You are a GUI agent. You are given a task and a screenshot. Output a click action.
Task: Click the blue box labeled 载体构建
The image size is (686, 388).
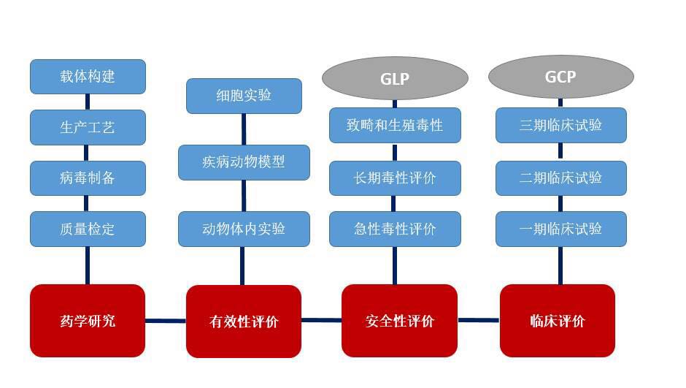(88, 77)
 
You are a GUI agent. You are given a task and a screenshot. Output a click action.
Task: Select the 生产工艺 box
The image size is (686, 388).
(88, 127)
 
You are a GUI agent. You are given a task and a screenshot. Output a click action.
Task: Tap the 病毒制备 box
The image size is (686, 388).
(88, 178)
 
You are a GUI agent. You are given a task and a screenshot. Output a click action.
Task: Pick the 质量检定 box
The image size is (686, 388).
(88, 229)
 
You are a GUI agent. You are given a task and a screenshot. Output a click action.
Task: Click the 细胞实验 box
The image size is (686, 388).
(244, 96)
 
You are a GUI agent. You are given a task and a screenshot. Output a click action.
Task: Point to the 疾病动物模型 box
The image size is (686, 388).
(244, 162)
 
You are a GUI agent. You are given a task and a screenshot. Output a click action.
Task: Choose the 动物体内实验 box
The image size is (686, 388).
(244, 229)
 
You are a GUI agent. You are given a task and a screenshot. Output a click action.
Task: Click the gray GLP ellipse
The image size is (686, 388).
(395, 78)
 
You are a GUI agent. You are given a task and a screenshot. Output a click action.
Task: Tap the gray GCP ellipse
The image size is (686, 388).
(561, 77)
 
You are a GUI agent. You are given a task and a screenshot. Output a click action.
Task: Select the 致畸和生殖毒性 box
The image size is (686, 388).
(395, 125)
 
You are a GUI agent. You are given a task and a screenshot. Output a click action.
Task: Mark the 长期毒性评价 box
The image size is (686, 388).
(395, 178)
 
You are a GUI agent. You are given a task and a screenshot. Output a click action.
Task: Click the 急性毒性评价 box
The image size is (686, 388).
(395, 229)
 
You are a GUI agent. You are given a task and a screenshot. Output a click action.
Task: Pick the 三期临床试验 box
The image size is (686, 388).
(561, 125)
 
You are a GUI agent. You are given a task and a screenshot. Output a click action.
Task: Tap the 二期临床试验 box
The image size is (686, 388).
(561, 178)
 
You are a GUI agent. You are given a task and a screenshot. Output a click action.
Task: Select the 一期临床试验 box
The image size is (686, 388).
(561, 229)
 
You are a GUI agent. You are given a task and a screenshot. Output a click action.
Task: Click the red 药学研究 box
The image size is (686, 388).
(88, 321)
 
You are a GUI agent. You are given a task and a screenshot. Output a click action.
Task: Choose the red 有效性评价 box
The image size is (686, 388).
(244, 322)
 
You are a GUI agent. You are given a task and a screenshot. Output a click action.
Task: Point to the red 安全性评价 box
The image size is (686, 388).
(399, 321)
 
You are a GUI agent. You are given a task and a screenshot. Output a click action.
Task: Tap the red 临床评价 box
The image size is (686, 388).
(558, 321)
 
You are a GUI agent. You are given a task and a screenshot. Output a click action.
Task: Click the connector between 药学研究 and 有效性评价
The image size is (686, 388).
(166, 321)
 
